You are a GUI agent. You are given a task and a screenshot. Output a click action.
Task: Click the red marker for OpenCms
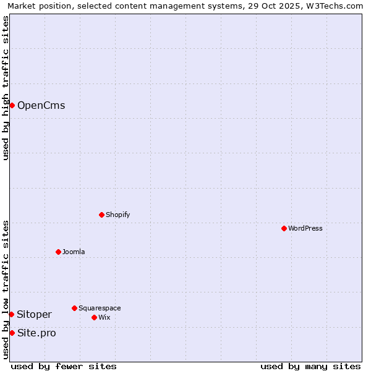[x=12, y=105]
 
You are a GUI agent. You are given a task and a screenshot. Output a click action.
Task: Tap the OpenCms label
[x=41, y=105]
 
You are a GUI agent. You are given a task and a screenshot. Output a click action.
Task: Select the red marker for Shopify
[x=101, y=215]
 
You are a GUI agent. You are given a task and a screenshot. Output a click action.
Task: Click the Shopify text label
[x=117, y=215]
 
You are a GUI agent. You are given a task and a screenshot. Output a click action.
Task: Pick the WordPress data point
[x=284, y=228]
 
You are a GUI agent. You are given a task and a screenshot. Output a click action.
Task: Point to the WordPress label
[x=305, y=228]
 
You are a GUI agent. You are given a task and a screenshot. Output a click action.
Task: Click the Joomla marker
[x=58, y=252]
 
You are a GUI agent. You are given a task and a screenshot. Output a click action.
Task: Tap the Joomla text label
[x=74, y=252]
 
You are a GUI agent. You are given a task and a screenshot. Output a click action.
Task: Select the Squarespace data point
[x=74, y=308]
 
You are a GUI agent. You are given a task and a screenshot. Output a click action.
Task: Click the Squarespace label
[x=100, y=308]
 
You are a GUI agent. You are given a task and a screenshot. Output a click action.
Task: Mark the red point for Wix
[x=94, y=317]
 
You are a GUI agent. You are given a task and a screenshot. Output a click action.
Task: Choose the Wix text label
[x=104, y=317]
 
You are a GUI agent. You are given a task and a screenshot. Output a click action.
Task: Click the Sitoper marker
[x=11, y=314]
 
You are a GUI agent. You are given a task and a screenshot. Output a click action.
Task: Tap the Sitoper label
[x=34, y=314]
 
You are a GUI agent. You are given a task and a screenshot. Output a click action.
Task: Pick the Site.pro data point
[x=12, y=333]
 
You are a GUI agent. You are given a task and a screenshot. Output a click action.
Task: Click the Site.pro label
[x=36, y=333]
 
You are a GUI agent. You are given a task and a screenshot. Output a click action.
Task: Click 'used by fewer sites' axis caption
[x=64, y=366]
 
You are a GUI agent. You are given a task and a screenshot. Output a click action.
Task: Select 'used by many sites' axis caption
[x=310, y=366]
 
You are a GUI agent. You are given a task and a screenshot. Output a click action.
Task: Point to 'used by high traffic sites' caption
[x=6, y=88]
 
